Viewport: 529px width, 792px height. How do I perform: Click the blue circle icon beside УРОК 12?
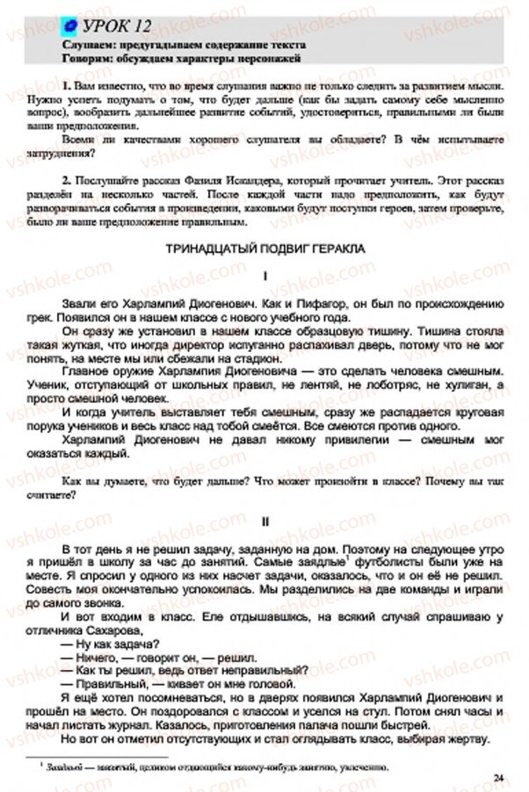pos(70,25)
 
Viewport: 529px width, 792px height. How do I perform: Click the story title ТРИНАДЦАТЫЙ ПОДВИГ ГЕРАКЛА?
pos(264,249)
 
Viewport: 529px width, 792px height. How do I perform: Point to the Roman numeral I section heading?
pos(264,276)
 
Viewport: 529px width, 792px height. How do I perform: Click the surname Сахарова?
pos(145,631)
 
